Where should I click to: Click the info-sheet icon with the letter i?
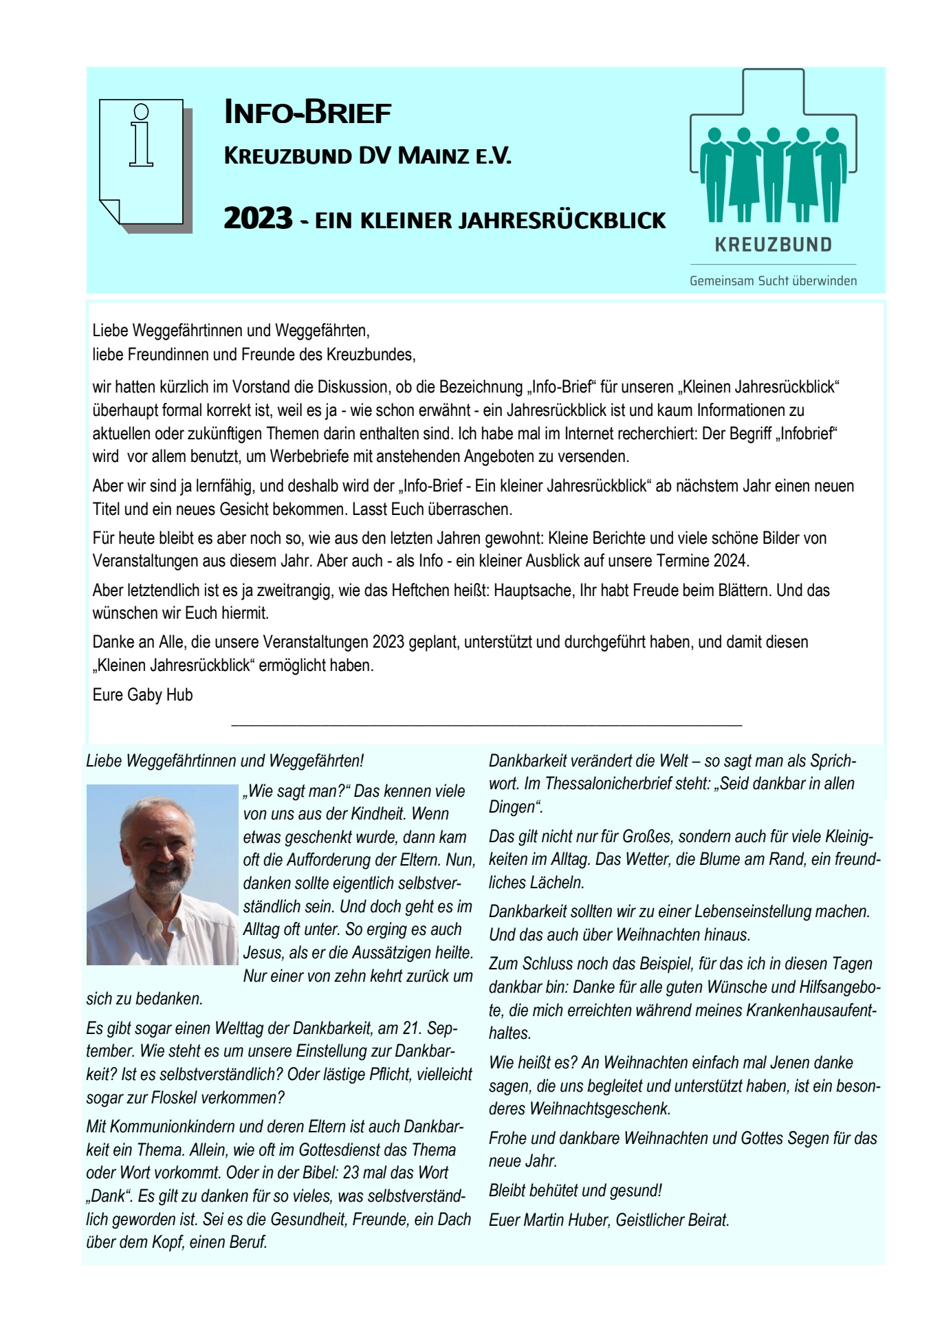(142, 162)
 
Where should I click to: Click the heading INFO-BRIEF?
(307, 113)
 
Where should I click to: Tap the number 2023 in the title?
(259, 219)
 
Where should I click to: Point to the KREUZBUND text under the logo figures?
(774, 245)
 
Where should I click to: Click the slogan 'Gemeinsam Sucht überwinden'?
(773, 280)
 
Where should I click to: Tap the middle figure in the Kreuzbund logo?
(774, 172)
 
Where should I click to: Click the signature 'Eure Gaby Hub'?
(142, 695)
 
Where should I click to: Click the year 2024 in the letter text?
(730, 561)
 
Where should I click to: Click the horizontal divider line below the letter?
(487, 725)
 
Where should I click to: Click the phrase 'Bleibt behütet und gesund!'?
(575, 1191)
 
